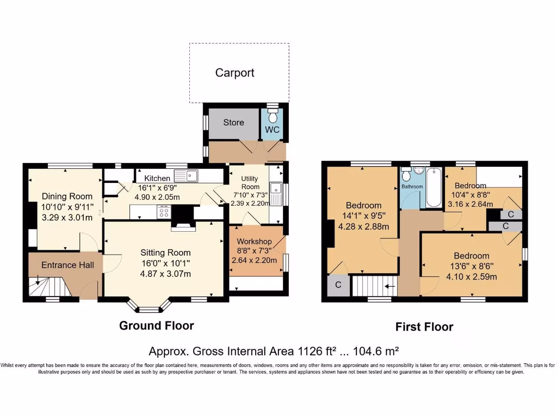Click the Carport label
point(234,73)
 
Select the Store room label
point(233,123)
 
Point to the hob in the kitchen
point(163,212)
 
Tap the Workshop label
point(254,241)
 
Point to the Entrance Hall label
point(60,265)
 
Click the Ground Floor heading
point(157,326)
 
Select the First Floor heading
point(424,327)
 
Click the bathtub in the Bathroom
point(434,188)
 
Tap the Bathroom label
point(412,187)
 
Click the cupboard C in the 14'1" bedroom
point(338,285)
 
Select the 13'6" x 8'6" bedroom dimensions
point(472,266)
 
